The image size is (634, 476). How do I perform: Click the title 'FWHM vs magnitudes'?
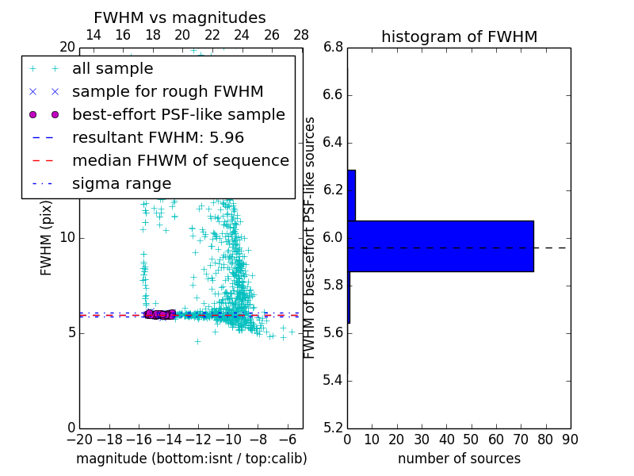pyautogui.click(x=180, y=18)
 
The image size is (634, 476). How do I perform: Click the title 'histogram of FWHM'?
pyautogui.click(x=459, y=36)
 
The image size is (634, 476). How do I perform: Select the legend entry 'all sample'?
pyautogui.click(x=113, y=69)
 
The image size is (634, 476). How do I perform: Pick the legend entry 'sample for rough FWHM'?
pyautogui.click(x=167, y=92)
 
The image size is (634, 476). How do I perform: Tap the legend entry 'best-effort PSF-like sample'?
pyautogui.click(x=178, y=115)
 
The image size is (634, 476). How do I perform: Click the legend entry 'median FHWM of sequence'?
pyautogui.click(x=180, y=161)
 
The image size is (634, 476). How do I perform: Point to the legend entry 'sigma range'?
pyautogui.click(x=121, y=184)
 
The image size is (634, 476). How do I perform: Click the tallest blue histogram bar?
pyautogui.click(x=441, y=246)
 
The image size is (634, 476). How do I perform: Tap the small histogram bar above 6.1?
pyautogui.click(x=351, y=195)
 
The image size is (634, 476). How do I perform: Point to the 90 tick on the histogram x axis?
pyautogui.click(x=570, y=440)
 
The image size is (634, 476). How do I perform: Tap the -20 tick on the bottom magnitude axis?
pyautogui.click(x=79, y=440)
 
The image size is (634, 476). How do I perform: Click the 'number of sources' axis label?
pyautogui.click(x=459, y=459)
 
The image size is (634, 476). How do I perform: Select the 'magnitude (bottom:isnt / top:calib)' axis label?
pyautogui.click(x=191, y=459)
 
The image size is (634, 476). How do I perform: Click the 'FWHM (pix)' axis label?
pyautogui.click(x=47, y=238)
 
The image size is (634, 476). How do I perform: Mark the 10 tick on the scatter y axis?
pyautogui.click(x=67, y=238)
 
